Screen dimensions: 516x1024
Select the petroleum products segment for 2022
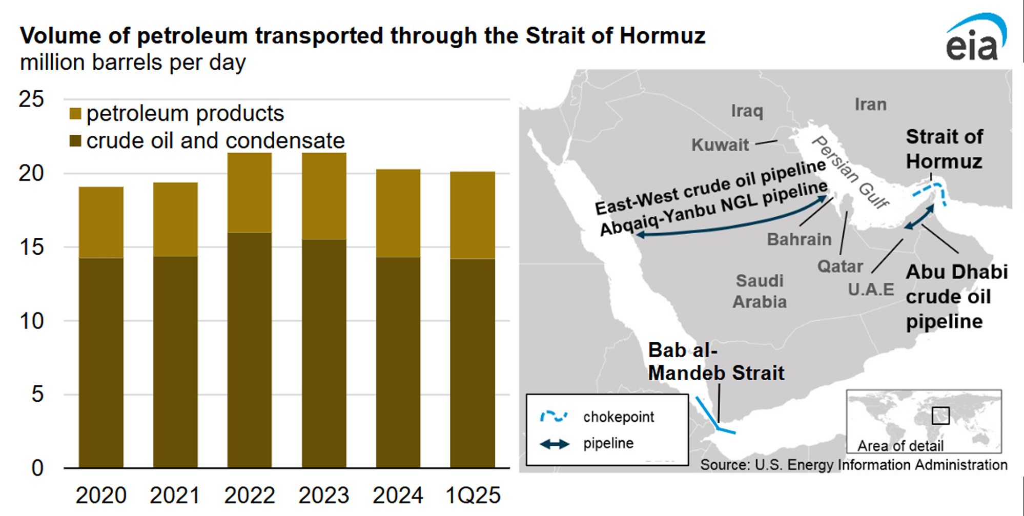[250, 192]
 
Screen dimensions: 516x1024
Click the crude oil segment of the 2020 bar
[101, 362]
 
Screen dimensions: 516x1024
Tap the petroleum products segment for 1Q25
[473, 215]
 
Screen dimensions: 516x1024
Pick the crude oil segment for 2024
[398, 362]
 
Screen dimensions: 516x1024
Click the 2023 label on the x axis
[323, 496]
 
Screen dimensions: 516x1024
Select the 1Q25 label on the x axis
[473, 496]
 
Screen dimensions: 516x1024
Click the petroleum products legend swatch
[75, 114]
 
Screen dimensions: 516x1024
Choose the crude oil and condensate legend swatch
[75, 141]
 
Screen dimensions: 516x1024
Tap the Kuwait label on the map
[720, 145]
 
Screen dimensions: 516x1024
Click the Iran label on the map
[870, 105]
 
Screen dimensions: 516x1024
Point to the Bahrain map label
[798, 239]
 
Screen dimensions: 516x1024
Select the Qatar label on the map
[839, 266]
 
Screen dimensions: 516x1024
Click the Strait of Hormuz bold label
[944, 149]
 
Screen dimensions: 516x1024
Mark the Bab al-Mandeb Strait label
[715, 362]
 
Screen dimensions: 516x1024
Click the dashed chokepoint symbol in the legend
[554, 417]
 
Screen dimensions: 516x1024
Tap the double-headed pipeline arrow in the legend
[555, 444]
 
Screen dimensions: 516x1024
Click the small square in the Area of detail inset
[940, 416]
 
